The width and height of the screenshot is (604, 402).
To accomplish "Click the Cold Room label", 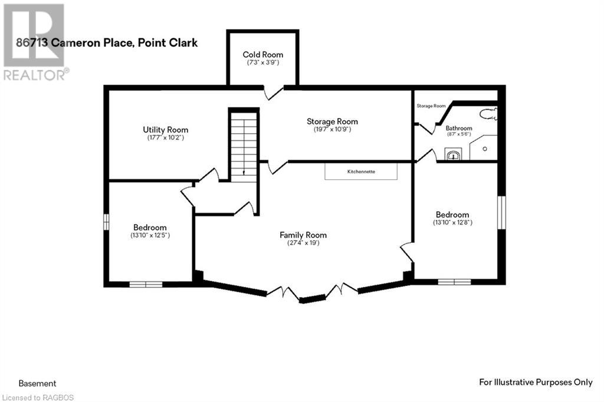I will click(x=262, y=55).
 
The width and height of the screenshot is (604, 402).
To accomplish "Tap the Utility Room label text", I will click(x=165, y=130).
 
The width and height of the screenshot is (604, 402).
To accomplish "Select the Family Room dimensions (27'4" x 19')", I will click(x=303, y=243).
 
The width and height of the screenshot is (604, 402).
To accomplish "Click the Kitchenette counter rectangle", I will click(x=361, y=172).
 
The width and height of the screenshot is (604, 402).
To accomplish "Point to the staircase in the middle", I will click(x=243, y=144).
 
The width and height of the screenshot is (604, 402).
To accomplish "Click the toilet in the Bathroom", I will click(x=488, y=114).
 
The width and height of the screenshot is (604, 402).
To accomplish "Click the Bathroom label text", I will click(x=458, y=127).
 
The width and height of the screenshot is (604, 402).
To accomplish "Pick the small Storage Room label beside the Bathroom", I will click(x=431, y=106).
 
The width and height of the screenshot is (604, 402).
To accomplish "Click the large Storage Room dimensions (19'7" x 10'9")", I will click(x=332, y=129).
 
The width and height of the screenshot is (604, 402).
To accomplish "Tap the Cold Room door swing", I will click(x=273, y=93).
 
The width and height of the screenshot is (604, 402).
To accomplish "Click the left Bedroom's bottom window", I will click(x=146, y=284).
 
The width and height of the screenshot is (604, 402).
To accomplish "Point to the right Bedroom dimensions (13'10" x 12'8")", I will click(x=452, y=223).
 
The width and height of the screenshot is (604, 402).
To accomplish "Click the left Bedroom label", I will click(x=149, y=228).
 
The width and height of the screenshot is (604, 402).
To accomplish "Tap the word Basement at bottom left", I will click(x=37, y=383).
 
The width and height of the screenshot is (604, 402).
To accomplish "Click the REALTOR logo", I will click(x=34, y=41).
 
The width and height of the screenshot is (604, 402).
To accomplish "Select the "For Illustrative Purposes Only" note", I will click(x=535, y=383).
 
